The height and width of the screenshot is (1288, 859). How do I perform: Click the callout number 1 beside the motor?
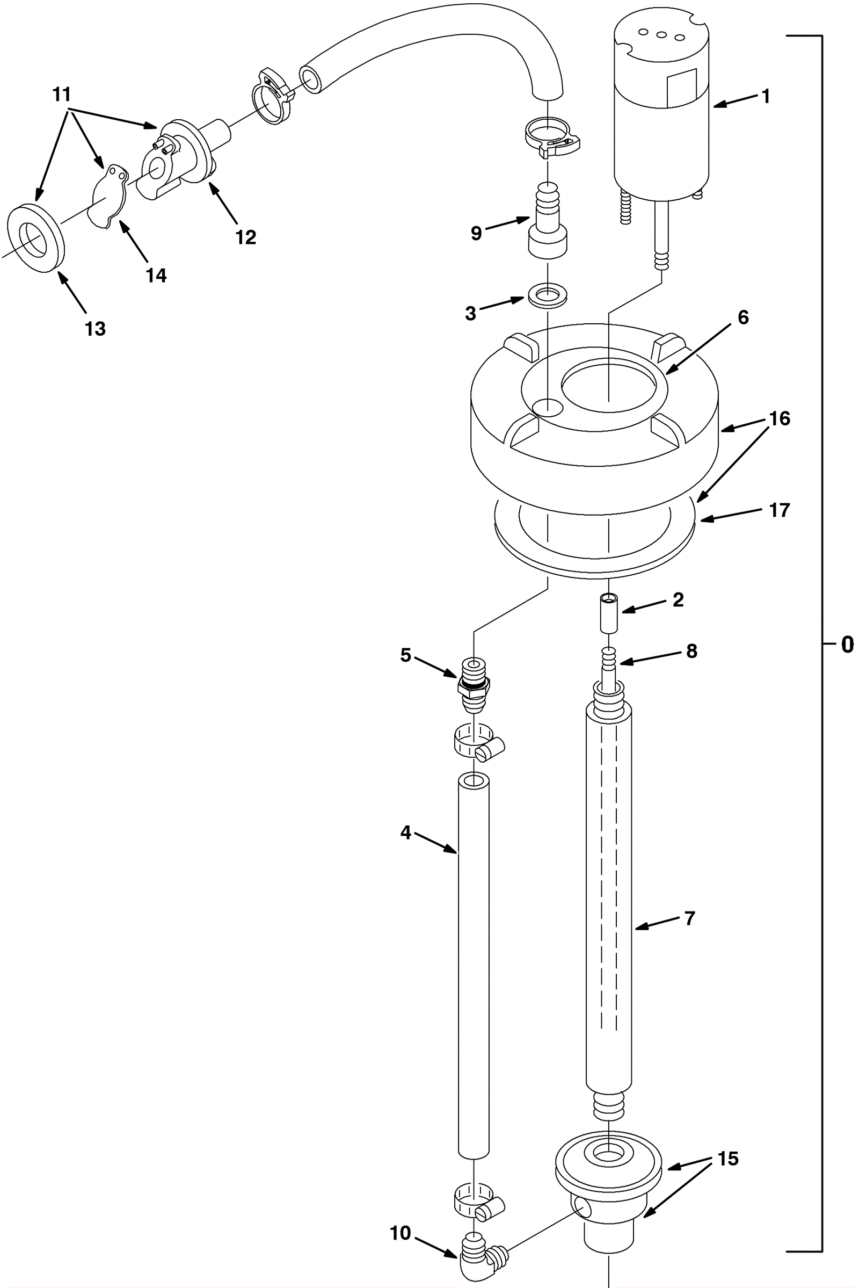(x=766, y=96)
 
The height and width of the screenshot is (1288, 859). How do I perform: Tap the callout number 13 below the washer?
(x=95, y=328)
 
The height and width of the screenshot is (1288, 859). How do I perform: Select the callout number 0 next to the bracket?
(x=847, y=645)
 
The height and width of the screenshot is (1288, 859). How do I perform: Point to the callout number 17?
(x=779, y=510)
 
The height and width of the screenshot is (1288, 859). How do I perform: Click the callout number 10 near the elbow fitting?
(x=401, y=1233)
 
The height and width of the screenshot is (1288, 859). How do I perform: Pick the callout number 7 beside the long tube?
(x=690, y=918)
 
